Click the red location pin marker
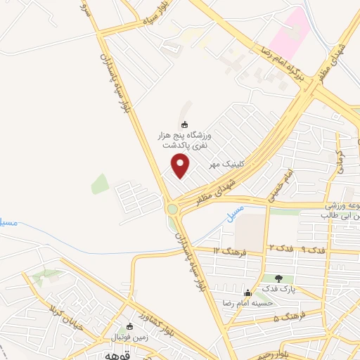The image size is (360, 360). click(x=181, y=165)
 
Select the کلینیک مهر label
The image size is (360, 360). click(x=226, y=164)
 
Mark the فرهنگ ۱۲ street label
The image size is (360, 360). click(x=229, y=250)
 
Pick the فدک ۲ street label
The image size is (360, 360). click(x=280, y=250)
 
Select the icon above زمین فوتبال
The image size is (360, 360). click(x=129, y=326)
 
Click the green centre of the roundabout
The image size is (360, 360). click(x=172, y=208)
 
